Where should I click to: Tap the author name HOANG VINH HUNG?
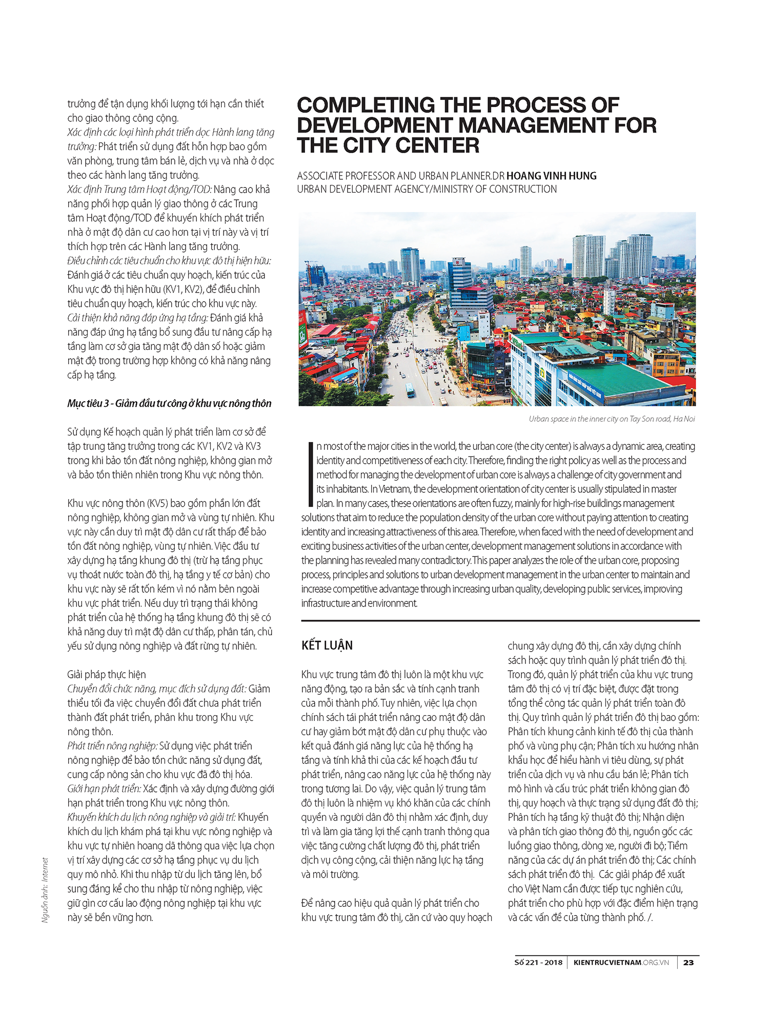[x=551, y=176]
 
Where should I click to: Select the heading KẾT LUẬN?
[x=327, y=645]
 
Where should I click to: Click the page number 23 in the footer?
[x=689, y=962]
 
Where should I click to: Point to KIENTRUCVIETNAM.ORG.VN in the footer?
[x=621, y=962]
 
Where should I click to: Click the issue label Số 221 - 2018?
[x=538, y=962]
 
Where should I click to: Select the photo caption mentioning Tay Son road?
[x=612, y=419]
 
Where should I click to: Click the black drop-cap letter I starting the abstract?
[x=310, y=474]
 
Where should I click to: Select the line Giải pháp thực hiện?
[x=107, y=674]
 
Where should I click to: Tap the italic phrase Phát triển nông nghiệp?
[x=112, y=745]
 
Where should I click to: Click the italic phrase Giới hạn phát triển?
[x=104, y=788]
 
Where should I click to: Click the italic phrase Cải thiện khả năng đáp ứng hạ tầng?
[x=138, y=318]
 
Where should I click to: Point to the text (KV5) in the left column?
[x=156, y=503]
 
